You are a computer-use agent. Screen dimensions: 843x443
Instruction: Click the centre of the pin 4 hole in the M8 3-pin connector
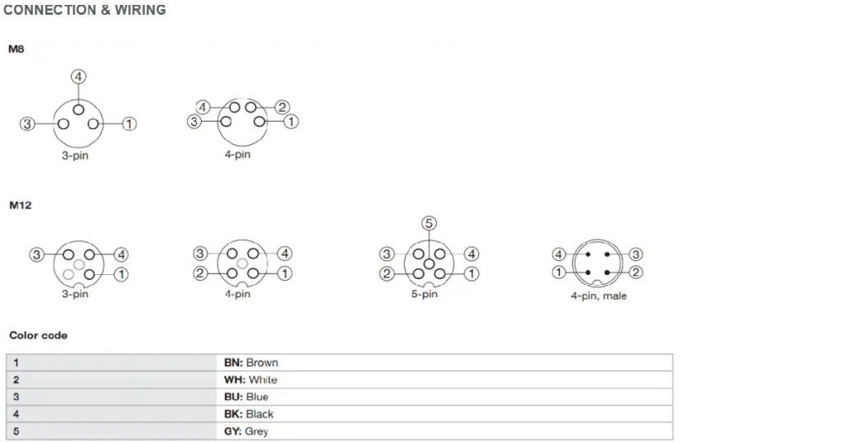pyautogui.click(x=78, y=110)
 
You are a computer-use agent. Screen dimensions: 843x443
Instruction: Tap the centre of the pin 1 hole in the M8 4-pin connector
pyautogui.click(x=259, y=122)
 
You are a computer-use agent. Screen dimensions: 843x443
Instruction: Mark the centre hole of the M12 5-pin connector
pyautogui.click(x=429, y=264)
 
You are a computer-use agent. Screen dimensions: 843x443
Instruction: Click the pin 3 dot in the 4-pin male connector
pyautogui.click(x=607, y=254)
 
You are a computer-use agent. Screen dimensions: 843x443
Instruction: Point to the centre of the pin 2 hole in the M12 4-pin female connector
pyautogui.click(x=231, y=273)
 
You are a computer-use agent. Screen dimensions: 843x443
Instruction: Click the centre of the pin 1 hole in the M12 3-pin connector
pyautogui.click(x=90, y=274)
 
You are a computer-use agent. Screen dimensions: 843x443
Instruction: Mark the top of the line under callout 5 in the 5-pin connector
pyautogui.click(x=429, y=230)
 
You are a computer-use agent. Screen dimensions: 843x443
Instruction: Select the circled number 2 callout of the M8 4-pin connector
pyautogui.click(x=282, y=107)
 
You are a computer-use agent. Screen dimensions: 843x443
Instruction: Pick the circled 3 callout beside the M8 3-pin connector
pyautogui.click(x=27, y=124)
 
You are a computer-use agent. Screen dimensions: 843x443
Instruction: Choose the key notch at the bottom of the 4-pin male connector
pyautogui.click(x=598, y=283)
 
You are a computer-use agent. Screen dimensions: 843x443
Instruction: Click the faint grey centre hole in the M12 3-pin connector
pyautogui.click(x=79, y=264)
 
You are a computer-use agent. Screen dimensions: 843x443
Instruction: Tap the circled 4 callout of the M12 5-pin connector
pyautogui.click(x=472, y=254)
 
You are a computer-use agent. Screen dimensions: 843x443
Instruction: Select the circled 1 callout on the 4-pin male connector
pyautogui.click(x=559, y=272)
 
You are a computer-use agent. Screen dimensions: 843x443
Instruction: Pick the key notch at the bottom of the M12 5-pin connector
pyautogui.click(x=429, y=284)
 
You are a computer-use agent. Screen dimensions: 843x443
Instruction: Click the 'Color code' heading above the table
pyautogui.click(x=38, y=335)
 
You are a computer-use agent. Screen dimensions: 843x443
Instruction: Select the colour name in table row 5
pyautogui.click(x=257, y=431)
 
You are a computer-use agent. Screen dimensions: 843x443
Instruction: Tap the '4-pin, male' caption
pyautogui.click(x=598, y=296)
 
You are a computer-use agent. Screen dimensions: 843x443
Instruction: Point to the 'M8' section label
pyautogui.click(x=16, y=49)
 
